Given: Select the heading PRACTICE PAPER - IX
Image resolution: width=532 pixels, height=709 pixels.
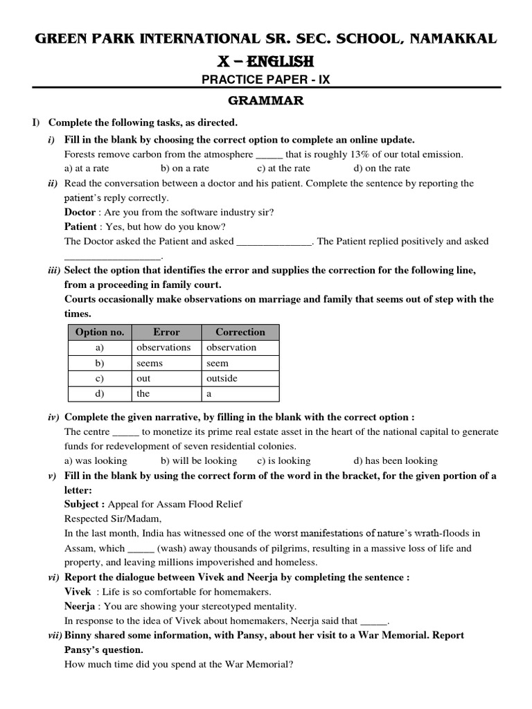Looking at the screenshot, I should pos(266,80).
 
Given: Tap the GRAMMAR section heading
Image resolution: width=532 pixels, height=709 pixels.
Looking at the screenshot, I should pos(267,102).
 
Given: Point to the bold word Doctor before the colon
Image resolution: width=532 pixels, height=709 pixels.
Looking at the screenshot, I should pos(80,212).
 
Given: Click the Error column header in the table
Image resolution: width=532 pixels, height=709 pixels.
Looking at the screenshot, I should pos(166,332).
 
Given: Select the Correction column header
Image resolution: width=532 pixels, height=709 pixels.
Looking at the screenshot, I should pos(240,332).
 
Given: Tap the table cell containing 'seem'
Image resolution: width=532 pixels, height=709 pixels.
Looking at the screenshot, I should pos(218,363).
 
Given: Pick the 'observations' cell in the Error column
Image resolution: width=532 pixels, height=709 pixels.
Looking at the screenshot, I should pos(163,348).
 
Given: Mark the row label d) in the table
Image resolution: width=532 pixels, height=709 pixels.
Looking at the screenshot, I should pos(100,394).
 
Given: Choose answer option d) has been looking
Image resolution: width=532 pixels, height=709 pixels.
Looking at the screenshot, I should pos(396,460).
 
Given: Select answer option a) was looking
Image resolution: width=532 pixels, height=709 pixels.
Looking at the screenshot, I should pos(96,460).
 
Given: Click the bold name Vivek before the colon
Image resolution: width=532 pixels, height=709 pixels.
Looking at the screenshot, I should pos(78,592).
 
